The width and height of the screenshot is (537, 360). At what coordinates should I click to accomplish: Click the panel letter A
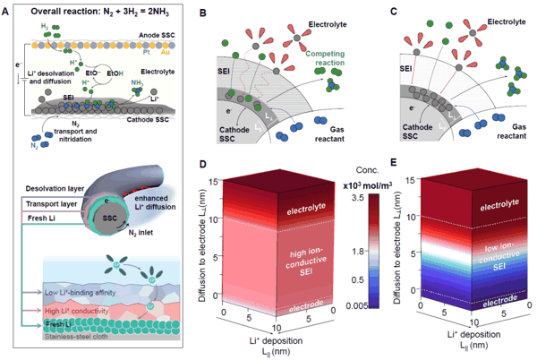7,9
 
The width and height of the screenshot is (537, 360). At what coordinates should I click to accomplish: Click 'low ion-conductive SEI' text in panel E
477,253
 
